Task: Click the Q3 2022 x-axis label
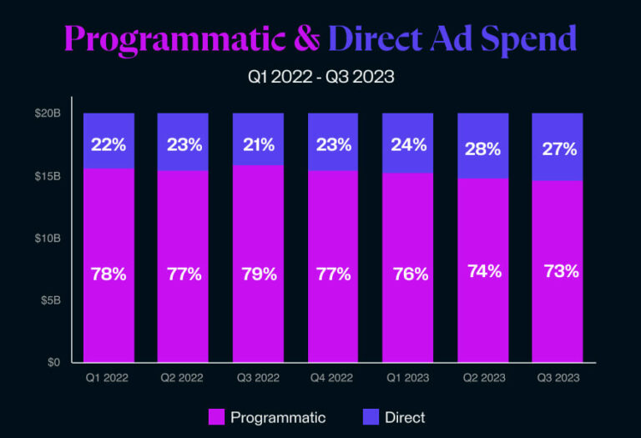click(257, 378)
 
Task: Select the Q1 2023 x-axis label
click(407, 378)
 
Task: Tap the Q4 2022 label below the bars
click(332, 378)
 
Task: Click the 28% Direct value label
click(482, 149)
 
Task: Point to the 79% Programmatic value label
click(258, 274)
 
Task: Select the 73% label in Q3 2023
click(558, 271)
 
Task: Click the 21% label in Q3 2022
click(258, 144)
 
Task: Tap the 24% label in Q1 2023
click(408, 144)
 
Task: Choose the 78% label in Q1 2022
click(109, 274)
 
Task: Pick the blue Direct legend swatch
click(370, 417)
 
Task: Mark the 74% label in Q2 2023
click(482, 271)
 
